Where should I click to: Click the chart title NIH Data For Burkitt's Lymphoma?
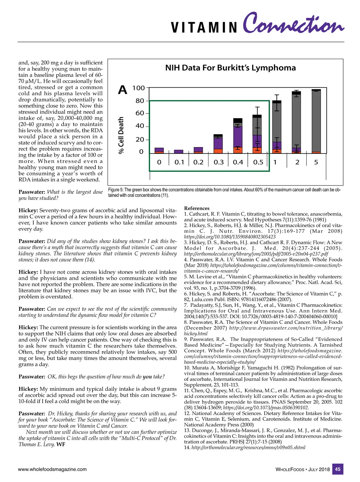pyautogui.click(x=230, y=68)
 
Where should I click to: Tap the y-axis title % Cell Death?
pyautogui.click(x=121, y=135)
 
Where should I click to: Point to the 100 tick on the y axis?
pyautogui.click(x=139, y=88)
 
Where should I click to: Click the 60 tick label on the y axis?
pyautogui.click(x=140, y=113)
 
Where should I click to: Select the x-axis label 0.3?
pyautogui.click(x=219, y=162)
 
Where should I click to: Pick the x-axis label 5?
pyautogui.click(x=316, y=162)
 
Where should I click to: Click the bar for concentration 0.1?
pyautogui.click(x=178, y=152)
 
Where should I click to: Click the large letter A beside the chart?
pyautogui.click(x=122, y=90)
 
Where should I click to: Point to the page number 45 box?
pyautogui.click(x=338, y=469)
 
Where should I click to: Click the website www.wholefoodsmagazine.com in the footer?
pyautogui.click(x=52, y=469)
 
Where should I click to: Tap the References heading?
pyautogui.click(x=197, y=208)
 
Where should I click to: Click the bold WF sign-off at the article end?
pyautogui.click(x=61, y=444)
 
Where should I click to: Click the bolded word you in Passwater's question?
pyautogui.click(x=147, y=377)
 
